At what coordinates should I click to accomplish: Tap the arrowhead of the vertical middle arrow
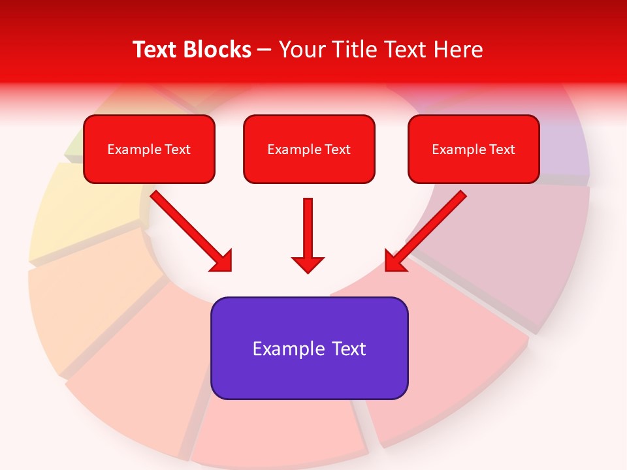click(308, 264)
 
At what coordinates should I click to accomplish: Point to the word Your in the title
click(302, 50)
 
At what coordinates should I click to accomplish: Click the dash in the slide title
click(265, 50)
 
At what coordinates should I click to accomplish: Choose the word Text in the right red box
click(502, 149)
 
